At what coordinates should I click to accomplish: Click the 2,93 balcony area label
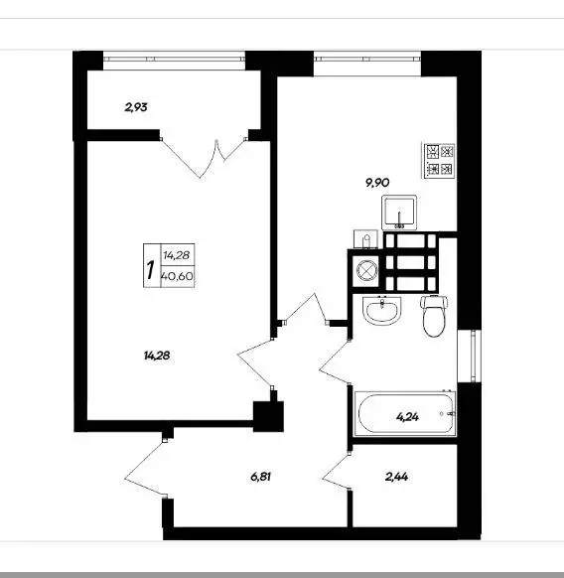coord(136,107)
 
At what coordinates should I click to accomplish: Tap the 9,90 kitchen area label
coord(377,183)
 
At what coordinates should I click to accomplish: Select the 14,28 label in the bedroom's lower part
coord(157,356)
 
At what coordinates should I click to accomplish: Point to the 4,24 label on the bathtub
coord(407,417)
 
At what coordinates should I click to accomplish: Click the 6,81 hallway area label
coord(260,477)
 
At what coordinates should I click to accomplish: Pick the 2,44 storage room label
coord(396,477)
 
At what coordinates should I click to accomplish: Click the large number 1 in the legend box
coord(150,270)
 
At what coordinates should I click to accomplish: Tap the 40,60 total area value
coord(178,276)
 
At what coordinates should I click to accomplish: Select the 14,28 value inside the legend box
coord(177,255)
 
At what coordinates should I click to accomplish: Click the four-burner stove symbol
coord(439,160)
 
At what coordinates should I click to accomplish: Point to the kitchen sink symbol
coord(399,212)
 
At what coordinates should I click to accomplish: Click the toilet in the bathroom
coord(434,316)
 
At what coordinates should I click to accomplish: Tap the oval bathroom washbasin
coord(382,311)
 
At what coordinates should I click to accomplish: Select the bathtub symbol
coord(405,413)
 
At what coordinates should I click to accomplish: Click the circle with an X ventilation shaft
coord(366,271)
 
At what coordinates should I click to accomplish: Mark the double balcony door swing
coord(204,159)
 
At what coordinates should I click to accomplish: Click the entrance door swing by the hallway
coord(147,468)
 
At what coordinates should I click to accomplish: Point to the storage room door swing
coord(337,472)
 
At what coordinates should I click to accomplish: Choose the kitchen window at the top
coord(367,59)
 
